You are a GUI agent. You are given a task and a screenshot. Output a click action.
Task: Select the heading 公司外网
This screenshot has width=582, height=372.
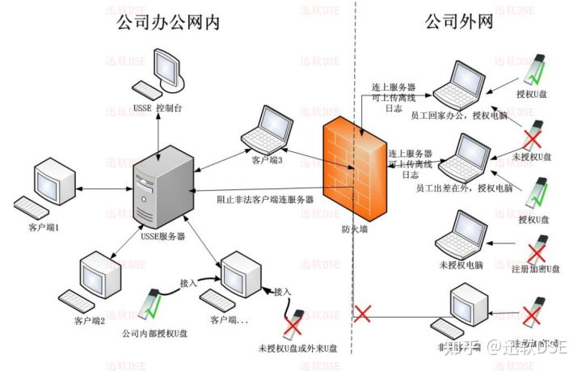point(458,21)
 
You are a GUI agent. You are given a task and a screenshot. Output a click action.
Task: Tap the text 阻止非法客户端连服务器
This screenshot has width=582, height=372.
point(265,199)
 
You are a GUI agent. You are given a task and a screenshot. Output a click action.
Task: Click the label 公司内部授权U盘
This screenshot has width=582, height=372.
point(154,332)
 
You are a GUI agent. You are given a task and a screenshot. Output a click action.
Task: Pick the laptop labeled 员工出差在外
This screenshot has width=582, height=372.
point(464,157)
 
